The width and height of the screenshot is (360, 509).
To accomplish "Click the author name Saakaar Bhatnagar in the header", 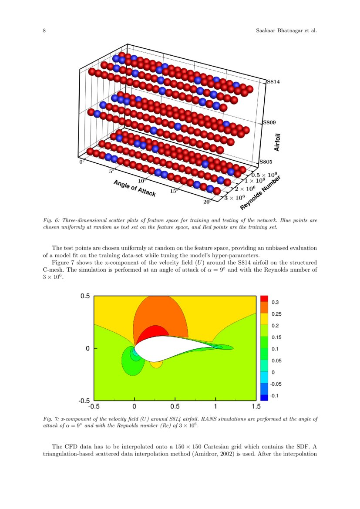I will point(272,31).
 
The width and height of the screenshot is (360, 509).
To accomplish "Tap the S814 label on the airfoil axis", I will point(273,81).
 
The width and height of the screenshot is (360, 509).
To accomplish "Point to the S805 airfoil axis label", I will point(266,162).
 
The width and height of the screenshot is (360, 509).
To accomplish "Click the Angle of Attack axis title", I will point(134,188).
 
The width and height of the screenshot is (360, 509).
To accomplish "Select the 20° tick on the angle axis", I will point(206,202).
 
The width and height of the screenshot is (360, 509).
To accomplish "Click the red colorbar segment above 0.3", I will point(264,298).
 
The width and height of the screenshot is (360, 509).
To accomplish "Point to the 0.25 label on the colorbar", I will point(276,314).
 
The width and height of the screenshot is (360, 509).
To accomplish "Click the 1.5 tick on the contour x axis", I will point(256,407).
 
